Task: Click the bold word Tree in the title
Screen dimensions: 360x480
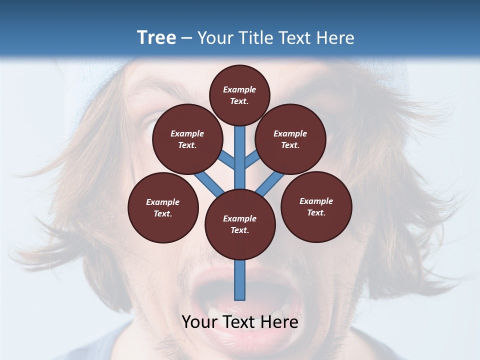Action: pyautogui.click(x=156, y=37)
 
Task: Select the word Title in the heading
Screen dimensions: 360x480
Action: pyautogui.click(x=256, y=38)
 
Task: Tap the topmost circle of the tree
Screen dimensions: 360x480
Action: pyautogui.click(x=239, y=95)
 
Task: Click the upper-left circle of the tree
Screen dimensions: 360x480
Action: pyautogui.click(x=187, y=139)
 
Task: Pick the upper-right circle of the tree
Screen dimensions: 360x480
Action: pyautogui.click(x=290, y=139)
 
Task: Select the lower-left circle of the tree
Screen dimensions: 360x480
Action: pyautogui.click(x=163, y=207)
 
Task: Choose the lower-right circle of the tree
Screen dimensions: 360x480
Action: pyautogui.click(x=316, y=206)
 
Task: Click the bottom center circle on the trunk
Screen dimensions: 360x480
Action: pyautogui.click(x=240, y=224)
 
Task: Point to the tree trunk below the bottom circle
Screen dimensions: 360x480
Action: pyautogui.click(x=240, y=280)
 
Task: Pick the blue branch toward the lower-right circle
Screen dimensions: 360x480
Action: pyautogui.click(x=270, y=182)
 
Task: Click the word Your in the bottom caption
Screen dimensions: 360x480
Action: pyautogui.click(x=199, y=322)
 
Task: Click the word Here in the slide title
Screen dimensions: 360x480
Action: pyautogui.click(x=335, y=38)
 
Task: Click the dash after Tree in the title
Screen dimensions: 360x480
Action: pyautogui.click(x=187, y=38)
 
